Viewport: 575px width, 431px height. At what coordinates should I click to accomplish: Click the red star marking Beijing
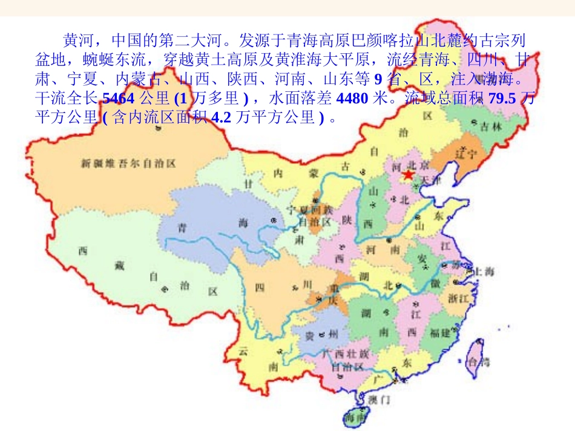pyautogui.click(x=407, y=175)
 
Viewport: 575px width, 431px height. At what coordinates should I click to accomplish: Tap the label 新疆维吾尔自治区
pyautogui.click(x=128, y=163)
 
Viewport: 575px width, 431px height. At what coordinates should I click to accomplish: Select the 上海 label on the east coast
pyautogui.click(x=482, y=272)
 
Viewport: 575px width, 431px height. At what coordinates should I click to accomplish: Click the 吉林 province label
pyautogui.click(x=490, y=126)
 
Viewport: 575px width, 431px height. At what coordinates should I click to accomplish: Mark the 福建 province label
pyautogui.click(x=439, y=332)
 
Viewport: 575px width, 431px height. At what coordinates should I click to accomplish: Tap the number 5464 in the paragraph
pyautogui.click(x=119, y=99)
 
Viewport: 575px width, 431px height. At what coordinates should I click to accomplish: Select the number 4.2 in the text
pyautogui.click(x=222, y=118)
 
